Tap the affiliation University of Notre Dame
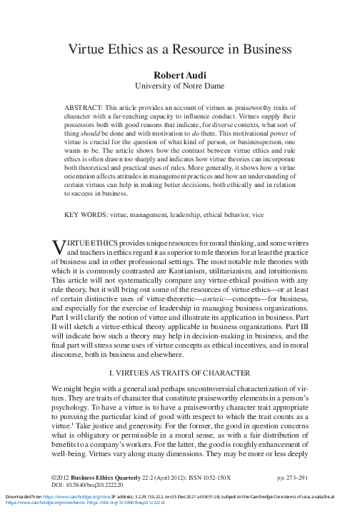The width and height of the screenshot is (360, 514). click(179, 89)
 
